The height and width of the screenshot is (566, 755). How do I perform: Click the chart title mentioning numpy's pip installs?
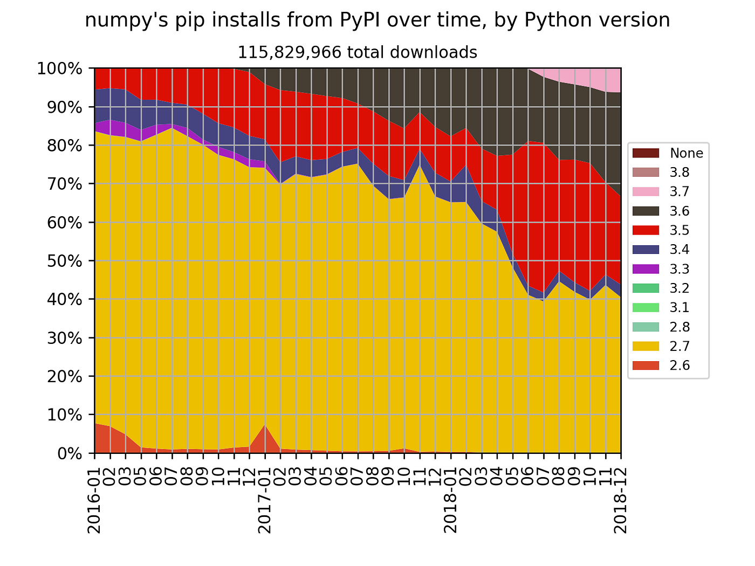click(377, 20)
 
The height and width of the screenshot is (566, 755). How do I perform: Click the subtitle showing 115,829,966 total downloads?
click(358, 52)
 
